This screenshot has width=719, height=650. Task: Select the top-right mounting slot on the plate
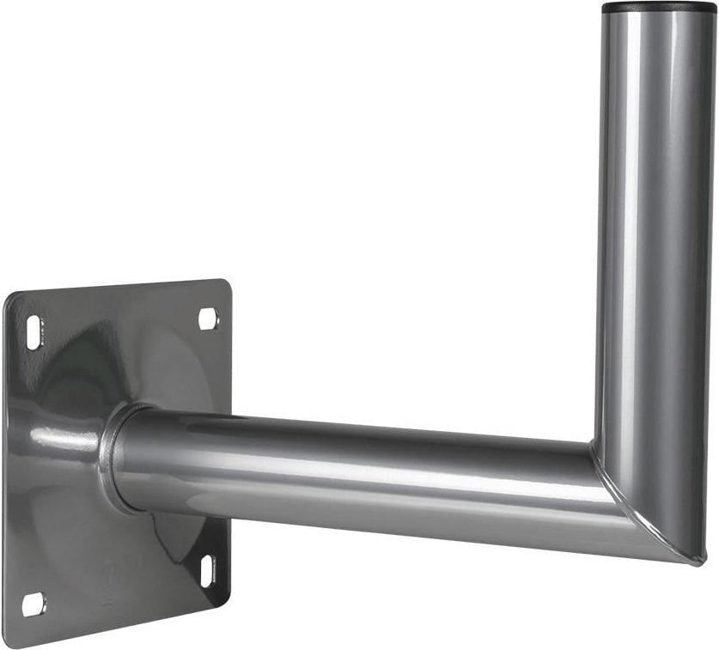click(x=209, y=319)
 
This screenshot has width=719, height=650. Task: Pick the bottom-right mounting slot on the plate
click(x=207, y=571)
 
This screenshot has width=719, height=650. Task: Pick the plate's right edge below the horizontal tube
click(x=229, y=550)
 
